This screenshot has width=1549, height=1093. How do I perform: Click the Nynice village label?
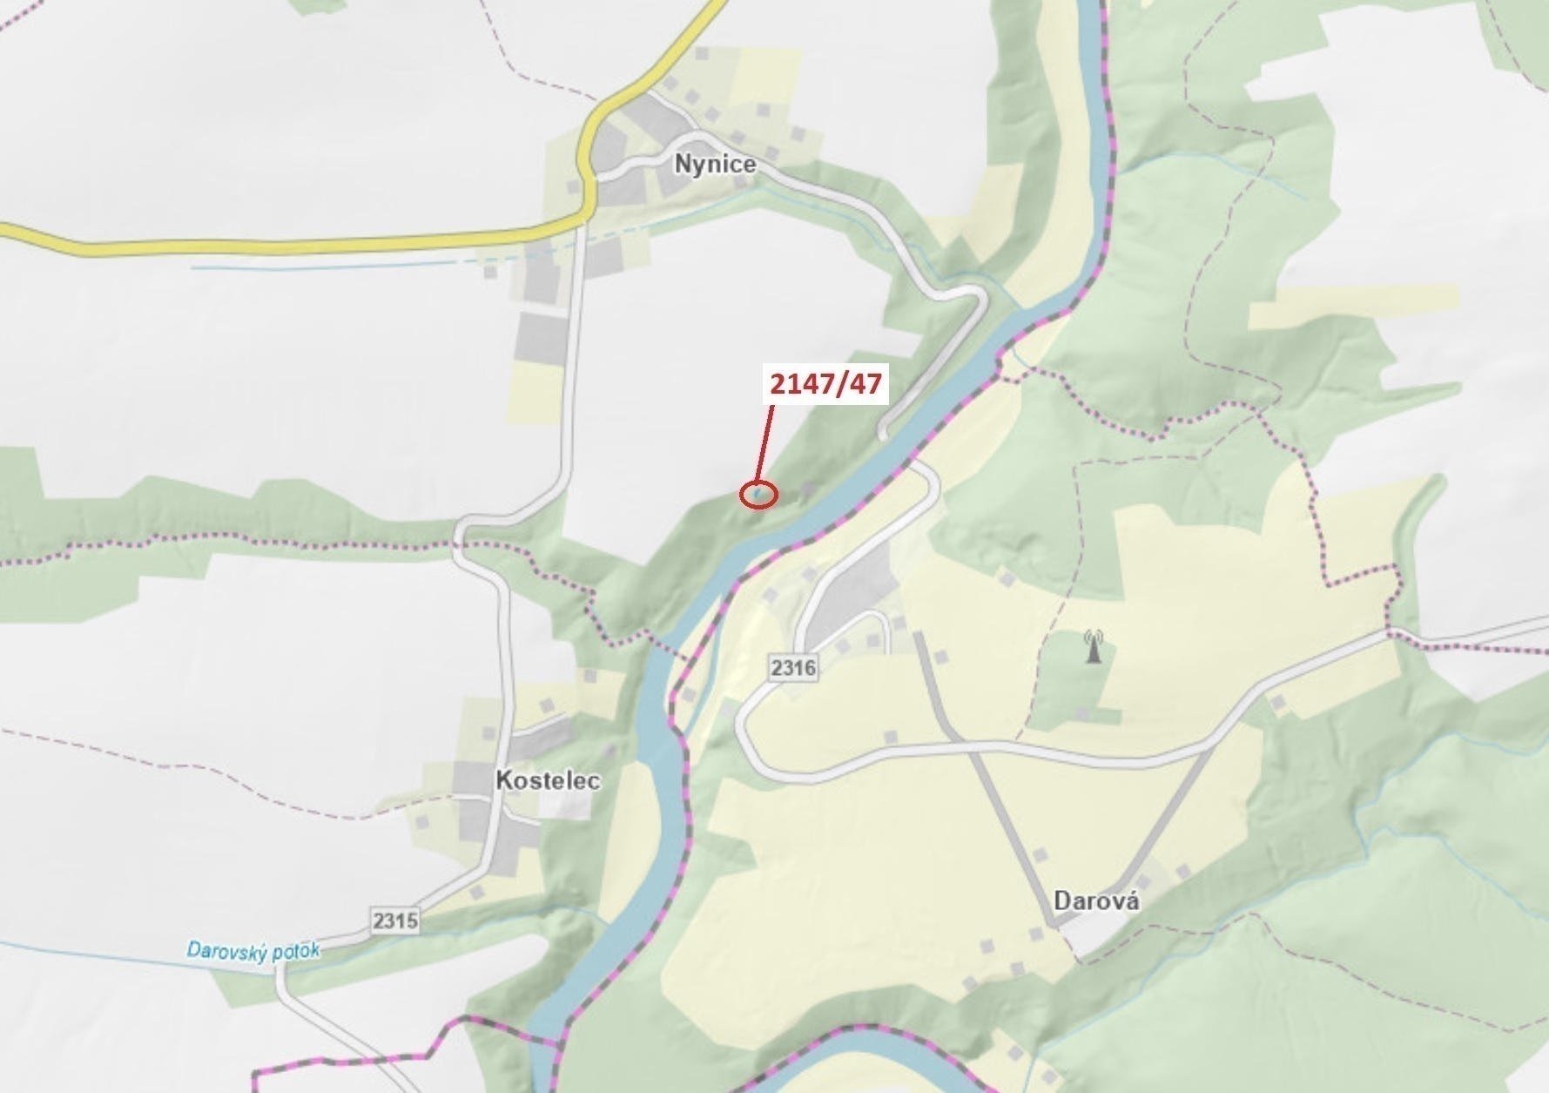click(x=715, y=164)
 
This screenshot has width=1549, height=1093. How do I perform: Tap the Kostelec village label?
click(x=548, y=779)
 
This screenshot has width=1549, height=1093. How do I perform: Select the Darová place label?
click(x=1096, y=900)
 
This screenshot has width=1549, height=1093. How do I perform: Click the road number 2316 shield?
click(x=793, y=668)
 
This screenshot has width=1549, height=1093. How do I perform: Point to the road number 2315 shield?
click(x=394, y=920)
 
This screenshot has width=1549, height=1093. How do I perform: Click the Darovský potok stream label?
click(x=253, y=949)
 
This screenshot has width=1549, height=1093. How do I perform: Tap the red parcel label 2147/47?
click(x=825, y=383)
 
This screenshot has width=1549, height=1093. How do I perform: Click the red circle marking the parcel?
click(x=758, y=495)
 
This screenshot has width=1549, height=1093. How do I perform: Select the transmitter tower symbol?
click(x=1093, y=647)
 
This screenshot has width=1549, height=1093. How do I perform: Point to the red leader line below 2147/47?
click(x=764, y=444)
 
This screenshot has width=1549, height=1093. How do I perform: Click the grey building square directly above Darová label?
click(x=1040, y=855)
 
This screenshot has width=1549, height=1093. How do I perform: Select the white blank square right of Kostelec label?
click(x=564, y=803)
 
